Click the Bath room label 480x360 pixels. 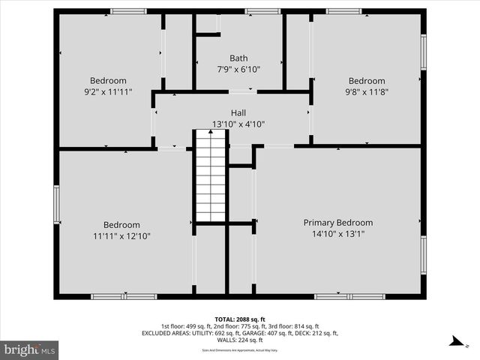click(x=238, y=58)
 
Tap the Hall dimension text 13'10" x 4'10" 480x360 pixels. click(x=238, y=124)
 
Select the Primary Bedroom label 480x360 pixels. click(x=337, y=223)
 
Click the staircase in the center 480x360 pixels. click(x=211, y=175)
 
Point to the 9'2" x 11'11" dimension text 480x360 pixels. click(x=108, y=92)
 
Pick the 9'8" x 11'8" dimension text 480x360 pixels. click(x=366, y=92)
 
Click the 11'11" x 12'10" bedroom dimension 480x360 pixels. click(x=121, y=236)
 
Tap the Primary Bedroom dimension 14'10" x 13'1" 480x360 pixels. click(x=337, y=234)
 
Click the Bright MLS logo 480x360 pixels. click(x=30, y=349)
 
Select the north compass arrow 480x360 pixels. click(x=454, y=342)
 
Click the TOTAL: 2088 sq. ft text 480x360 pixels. click(x=240, y=318)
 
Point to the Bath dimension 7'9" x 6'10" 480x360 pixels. click(x=238, y=70)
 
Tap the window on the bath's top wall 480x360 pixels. click(x=262, y=11)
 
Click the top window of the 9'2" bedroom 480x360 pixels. click(x=128, y=11)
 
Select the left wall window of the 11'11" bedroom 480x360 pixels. click(x=56, y=205)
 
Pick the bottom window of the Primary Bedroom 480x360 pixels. click(x=340, y=296)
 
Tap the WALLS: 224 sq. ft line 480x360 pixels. click(x=240, y=340)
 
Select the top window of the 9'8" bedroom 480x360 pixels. click(x=343, y=11)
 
